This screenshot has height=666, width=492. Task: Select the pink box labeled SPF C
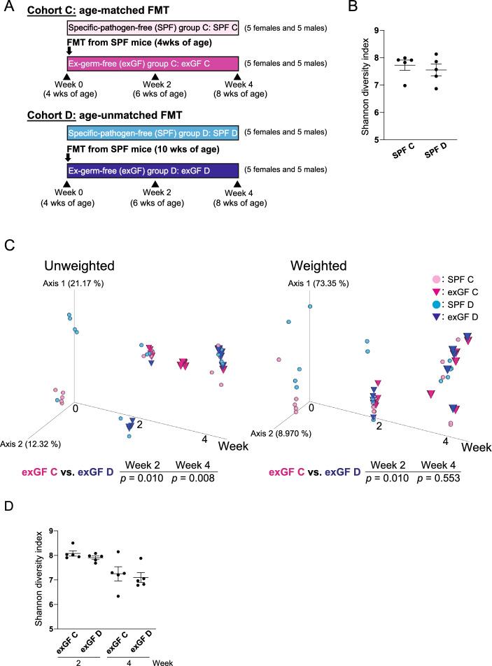click(153, 29)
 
